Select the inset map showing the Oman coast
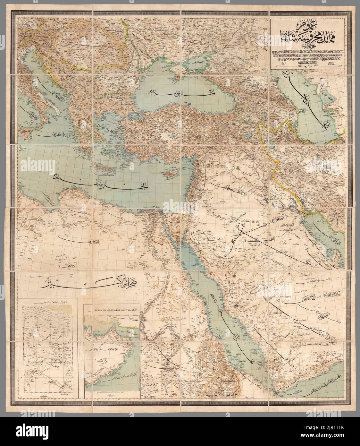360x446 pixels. [112, 348]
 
